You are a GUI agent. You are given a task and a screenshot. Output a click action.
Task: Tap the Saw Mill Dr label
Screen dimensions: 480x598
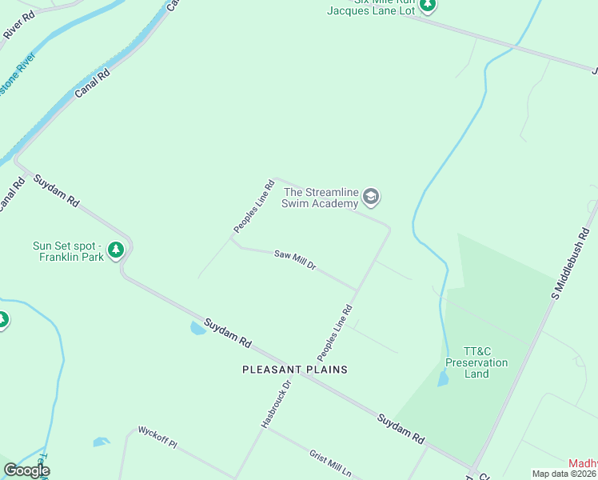[295, 260]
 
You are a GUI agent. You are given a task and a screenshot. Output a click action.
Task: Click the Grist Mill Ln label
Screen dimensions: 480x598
[330, 463]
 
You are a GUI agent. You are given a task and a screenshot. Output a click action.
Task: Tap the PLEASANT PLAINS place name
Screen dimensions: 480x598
[296, 370]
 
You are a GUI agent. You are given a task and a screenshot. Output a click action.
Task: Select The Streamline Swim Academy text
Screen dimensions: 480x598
[321, 198]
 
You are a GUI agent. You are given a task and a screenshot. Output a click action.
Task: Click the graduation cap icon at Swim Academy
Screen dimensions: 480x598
[370, 196]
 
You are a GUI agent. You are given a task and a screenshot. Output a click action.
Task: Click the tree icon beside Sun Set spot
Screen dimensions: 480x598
[117, 250]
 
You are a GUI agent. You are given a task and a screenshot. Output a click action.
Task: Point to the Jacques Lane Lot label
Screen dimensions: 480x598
[372, 10]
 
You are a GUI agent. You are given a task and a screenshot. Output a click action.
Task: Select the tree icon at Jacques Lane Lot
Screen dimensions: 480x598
[428, 5]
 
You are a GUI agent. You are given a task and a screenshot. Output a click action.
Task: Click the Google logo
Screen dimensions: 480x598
[26, 470]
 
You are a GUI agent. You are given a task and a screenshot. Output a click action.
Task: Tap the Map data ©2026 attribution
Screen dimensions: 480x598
[564, 474]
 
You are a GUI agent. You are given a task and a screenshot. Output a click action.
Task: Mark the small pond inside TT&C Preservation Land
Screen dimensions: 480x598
[443, 378]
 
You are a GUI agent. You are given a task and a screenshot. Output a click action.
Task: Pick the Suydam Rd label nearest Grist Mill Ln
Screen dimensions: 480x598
[401, 429]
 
